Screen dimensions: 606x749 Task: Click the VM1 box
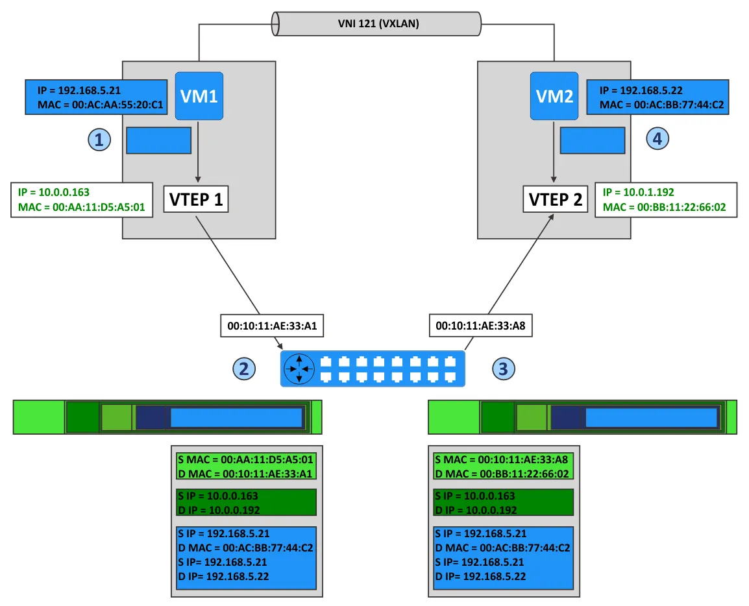click(199, 96)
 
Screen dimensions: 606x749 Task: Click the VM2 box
click(553, 96)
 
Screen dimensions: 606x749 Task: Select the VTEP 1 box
click(196, 200)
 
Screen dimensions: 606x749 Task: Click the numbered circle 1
click(98, 138)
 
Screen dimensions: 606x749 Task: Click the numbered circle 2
click(244, 369)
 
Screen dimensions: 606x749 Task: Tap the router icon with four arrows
click(299, 369)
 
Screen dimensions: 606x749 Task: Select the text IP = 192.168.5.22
click(641, 91)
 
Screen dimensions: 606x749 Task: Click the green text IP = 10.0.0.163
click(55, 193)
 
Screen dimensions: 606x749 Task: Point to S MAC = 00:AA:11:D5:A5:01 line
click(246, 459)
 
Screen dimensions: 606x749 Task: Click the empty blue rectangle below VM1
click(158, 140)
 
